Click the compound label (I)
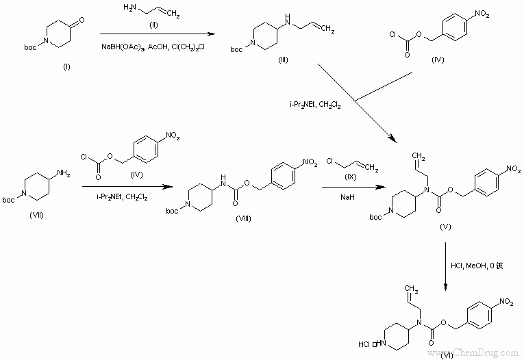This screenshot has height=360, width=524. point(66,67)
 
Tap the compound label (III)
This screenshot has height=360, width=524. point(283,61)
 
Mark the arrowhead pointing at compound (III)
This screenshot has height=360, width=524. point(207,34)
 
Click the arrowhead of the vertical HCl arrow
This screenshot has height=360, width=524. point(446,287)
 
